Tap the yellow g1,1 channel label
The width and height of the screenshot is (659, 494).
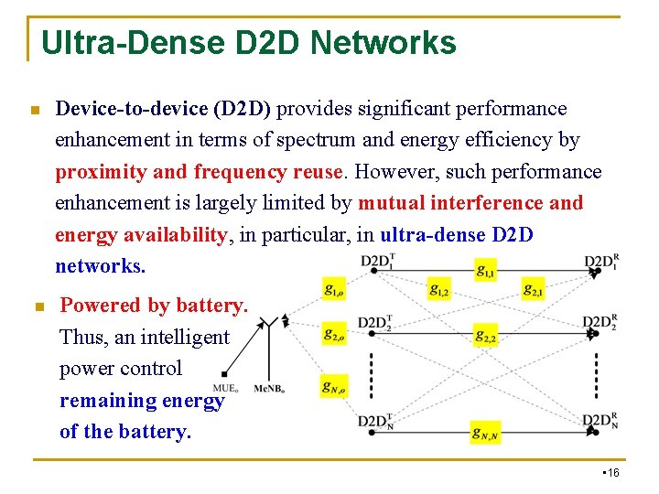(x=487, y=269)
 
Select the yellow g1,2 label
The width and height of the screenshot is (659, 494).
(x=440, y=290)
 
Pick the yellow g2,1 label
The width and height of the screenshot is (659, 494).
(x=534, y=290)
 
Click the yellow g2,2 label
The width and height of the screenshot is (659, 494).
(x=486, y=337)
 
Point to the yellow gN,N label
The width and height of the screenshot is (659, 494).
(x=486, y=431)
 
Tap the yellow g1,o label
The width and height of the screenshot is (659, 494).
(x=334, y=290)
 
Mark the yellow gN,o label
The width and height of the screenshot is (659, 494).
(x=334, y=387)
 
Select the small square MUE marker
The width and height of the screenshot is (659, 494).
(x=224, y=374)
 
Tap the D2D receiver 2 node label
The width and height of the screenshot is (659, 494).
(x=600, y=322)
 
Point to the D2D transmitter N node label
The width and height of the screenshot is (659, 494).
(x=376, y=422)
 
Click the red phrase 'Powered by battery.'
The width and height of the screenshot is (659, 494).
(x=154, y=306)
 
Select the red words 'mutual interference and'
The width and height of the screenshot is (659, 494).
(x=470, y=203)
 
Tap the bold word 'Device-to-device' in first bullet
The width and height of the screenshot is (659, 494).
(x=132, y=109)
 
